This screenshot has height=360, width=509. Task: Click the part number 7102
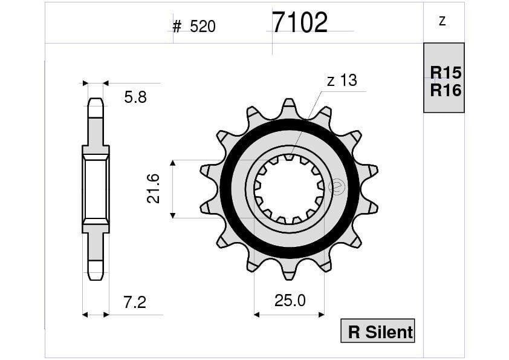coord(299,23)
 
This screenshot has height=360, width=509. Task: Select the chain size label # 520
coord(194,27)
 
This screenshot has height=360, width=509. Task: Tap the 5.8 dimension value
coord(135,97)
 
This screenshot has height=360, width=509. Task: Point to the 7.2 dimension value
coord(134,302)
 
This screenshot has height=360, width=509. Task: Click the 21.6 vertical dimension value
coord(154,188)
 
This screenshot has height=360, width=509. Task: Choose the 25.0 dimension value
coord(290,301)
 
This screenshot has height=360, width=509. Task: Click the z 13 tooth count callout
coord(342,80)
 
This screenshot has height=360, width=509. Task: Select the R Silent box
coord(378,331)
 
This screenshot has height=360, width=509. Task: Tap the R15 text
coord(446,73)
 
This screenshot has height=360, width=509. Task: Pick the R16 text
coord(446,91)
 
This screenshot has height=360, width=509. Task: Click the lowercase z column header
coord(442,21)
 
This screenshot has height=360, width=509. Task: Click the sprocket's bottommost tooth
coord(290,272)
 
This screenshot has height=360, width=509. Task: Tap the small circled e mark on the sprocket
coord(337,188)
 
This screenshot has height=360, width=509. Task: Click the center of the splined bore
coord(289,189)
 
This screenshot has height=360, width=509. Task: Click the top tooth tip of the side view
coord(96,102)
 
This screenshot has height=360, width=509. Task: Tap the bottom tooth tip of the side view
coord(96,275)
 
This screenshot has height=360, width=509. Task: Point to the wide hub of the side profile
coord(96,189)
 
